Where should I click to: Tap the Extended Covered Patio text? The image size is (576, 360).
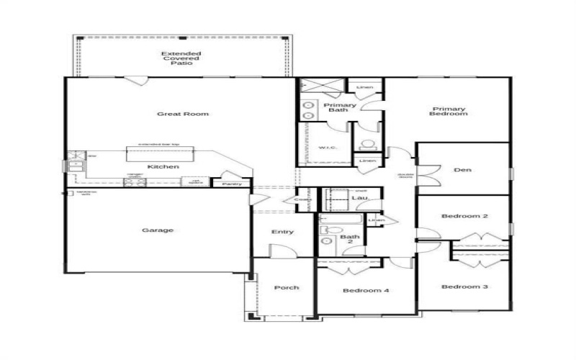tap(181, 58)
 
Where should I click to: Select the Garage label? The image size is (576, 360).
tap(158, 230)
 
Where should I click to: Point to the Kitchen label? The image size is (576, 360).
tap(163, 167)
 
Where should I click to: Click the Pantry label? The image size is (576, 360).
tap(232, 184)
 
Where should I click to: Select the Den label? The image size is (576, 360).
tap(462, 171)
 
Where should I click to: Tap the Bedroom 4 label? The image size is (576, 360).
tap(366, 291)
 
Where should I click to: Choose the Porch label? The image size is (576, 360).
tap(286, 287)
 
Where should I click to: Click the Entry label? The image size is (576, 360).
tap(282, 232)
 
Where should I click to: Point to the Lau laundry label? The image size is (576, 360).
tap(358, 197)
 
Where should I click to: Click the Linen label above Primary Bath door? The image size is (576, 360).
tap(365, 88)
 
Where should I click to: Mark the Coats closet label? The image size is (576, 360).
tap(302, 199)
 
